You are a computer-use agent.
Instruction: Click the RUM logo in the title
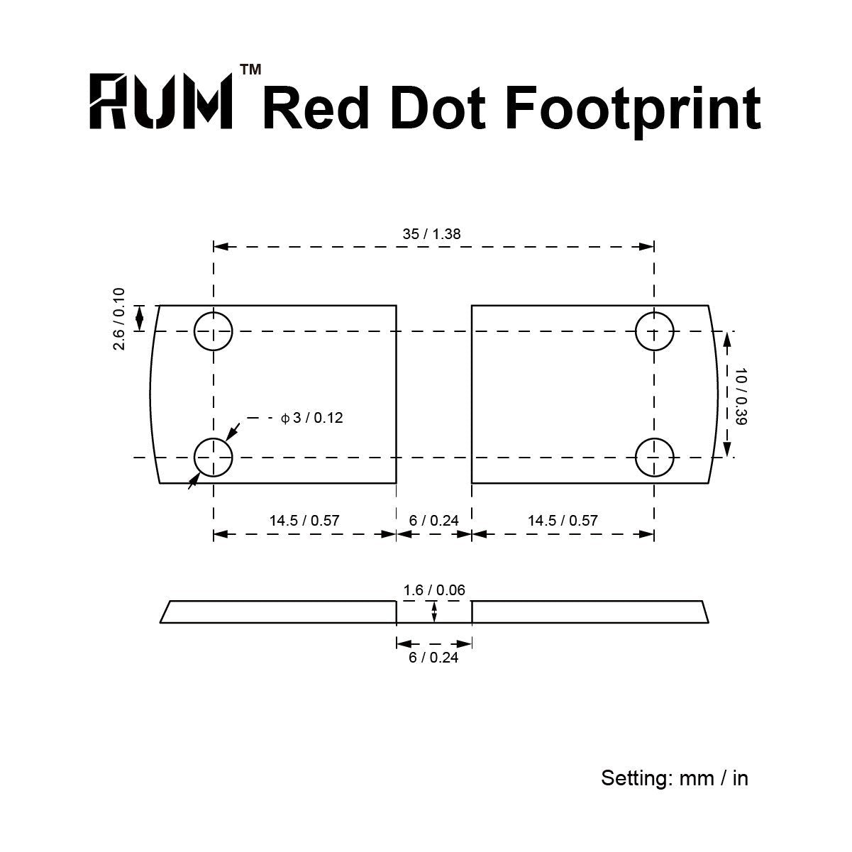(x=161, y=101)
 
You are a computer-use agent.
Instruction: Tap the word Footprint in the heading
(x=633, y=110)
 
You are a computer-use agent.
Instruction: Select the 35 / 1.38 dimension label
(x=431, y=234)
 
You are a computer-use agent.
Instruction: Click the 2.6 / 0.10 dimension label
(x=119, y=319)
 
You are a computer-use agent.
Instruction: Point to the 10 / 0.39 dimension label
(x=741, y=397)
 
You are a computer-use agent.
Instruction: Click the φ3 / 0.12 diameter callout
(x=312, y=418)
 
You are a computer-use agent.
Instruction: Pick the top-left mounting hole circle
(x=213, y=331)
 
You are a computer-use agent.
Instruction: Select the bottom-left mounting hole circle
(x=213, y=458)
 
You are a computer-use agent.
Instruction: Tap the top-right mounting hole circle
(x=654, y=331)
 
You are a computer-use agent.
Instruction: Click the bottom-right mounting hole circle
(x=654, y=458)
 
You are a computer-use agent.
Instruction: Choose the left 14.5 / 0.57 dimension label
(x=304, y=521)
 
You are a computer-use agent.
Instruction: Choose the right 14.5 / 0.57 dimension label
(x=563, y=521)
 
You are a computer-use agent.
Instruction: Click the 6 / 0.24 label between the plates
(x=433, y=521)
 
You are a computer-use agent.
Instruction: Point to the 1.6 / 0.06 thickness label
(x=434, y=590)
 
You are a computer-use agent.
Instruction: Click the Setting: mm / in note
(x=675, y=778)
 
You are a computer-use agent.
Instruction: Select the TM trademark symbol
(x=250, y=70)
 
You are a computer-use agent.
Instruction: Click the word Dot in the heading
(x=438, y=108)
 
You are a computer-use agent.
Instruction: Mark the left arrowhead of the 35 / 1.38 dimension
(x=221, y=246)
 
